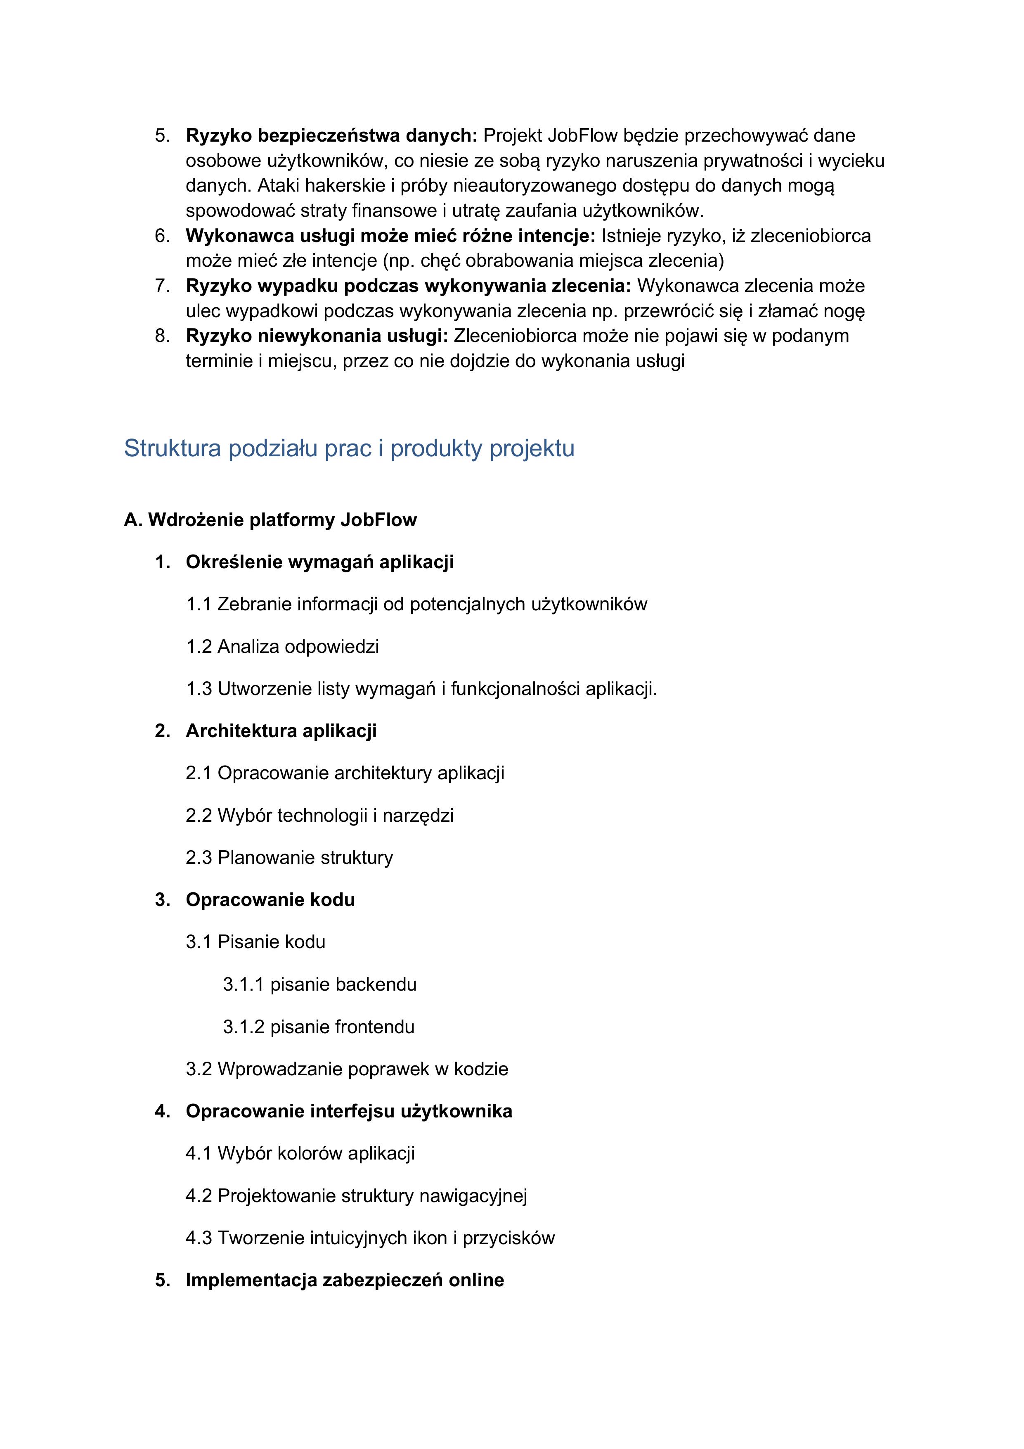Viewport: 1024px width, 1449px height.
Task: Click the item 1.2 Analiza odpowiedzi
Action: point(282,647)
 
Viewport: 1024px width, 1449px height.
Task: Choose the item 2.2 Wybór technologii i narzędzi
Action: point(319,816)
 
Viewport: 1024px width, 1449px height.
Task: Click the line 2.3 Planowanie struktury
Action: point(289,858)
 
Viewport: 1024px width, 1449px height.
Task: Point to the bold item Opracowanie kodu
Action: point(270,899)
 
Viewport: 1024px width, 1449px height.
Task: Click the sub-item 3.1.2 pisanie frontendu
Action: point(319,1027)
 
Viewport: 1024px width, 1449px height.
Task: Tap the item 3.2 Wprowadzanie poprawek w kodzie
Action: point(346,1069)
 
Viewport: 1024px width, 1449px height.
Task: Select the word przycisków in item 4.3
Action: point(508,1238)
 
